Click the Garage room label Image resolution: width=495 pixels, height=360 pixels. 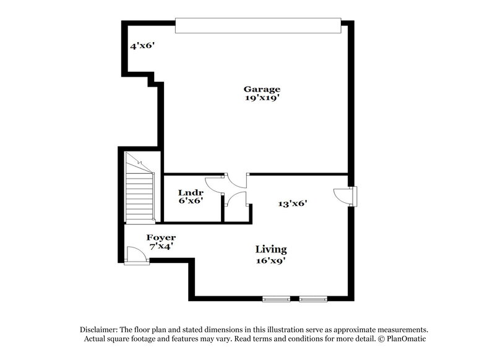coord(261,89)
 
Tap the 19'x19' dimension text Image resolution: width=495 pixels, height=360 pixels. coord(261,98)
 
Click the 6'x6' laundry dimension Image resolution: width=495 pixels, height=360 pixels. coord(191,201)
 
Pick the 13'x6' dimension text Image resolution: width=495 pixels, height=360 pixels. coord(293,202)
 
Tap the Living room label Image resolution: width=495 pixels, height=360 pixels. coord(271,249)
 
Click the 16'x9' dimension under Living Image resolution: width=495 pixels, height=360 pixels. coord(271,260)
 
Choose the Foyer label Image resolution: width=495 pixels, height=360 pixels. coord(161,238)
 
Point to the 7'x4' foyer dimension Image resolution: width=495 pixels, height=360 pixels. coord(161,246)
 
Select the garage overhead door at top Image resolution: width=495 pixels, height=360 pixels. coord(258,25)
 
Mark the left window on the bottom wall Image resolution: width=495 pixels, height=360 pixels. coord(276,299)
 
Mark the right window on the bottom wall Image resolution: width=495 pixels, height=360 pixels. coord(313,299)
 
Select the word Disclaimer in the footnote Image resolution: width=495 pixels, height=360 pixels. coord(100,330)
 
